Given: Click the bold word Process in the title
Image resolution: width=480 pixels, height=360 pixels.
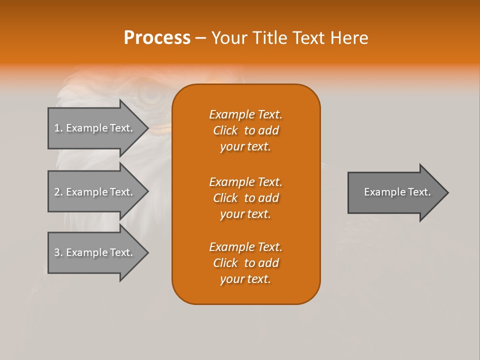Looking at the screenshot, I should click(x=157, y=38).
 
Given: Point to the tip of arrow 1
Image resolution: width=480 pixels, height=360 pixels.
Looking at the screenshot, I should click(x=147, y=128).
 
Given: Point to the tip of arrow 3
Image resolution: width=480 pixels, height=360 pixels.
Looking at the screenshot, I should click(x=147, y=252).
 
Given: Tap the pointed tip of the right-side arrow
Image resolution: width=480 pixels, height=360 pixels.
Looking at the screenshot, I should click(x=447, y=192).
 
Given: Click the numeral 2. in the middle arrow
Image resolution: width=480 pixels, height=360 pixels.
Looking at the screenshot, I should click(x=58, y=192).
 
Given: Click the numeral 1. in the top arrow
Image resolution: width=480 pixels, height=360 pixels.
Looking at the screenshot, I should click(x=58, y=128).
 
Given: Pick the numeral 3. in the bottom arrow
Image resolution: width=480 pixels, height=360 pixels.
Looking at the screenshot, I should click(x=58, y=252).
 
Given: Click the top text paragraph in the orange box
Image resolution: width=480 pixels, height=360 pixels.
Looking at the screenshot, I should click(x=245, y=130).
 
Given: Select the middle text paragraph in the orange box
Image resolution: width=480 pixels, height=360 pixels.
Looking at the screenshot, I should click(x=245, y=198).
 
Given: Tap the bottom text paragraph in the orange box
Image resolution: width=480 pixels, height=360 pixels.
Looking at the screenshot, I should click(x=245, y=263).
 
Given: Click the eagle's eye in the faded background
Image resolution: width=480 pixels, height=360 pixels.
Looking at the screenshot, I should click(x=149, y=95).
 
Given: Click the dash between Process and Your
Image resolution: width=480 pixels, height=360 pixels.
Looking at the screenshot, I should click(x=200, y=38).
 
